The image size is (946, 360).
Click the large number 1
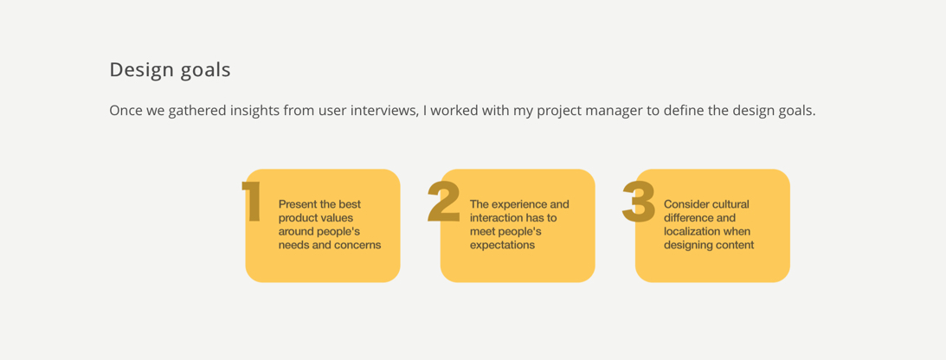252,202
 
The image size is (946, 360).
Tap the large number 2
444,202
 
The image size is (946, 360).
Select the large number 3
639,202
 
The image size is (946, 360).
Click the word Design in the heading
139,70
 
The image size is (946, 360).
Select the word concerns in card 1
360,246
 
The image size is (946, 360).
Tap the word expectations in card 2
503,246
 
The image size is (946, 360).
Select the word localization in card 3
691,232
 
